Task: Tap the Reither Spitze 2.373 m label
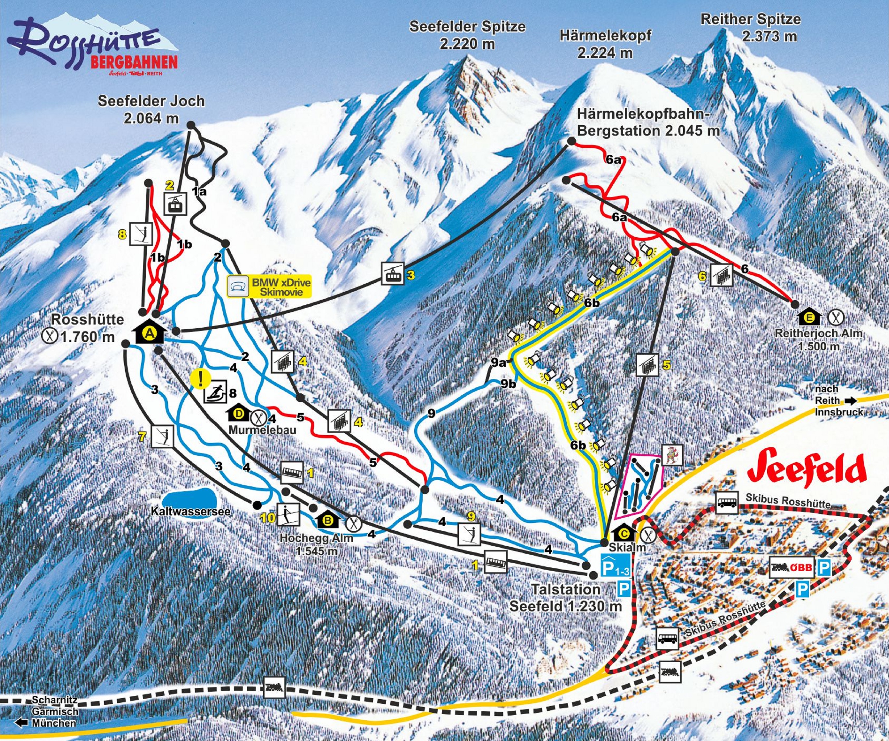pyautogui.click(x=750, y=27)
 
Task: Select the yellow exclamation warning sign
pyautogui.click(x=200, y=378)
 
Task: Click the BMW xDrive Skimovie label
pyautogui.click(x=270, y=287)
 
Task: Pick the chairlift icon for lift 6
pyautogui.click(x=721, y=275)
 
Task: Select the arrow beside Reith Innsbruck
pyautogui.click(x=850, y=400)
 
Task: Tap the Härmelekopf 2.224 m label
pyautogui.click(x=605, y=44)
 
